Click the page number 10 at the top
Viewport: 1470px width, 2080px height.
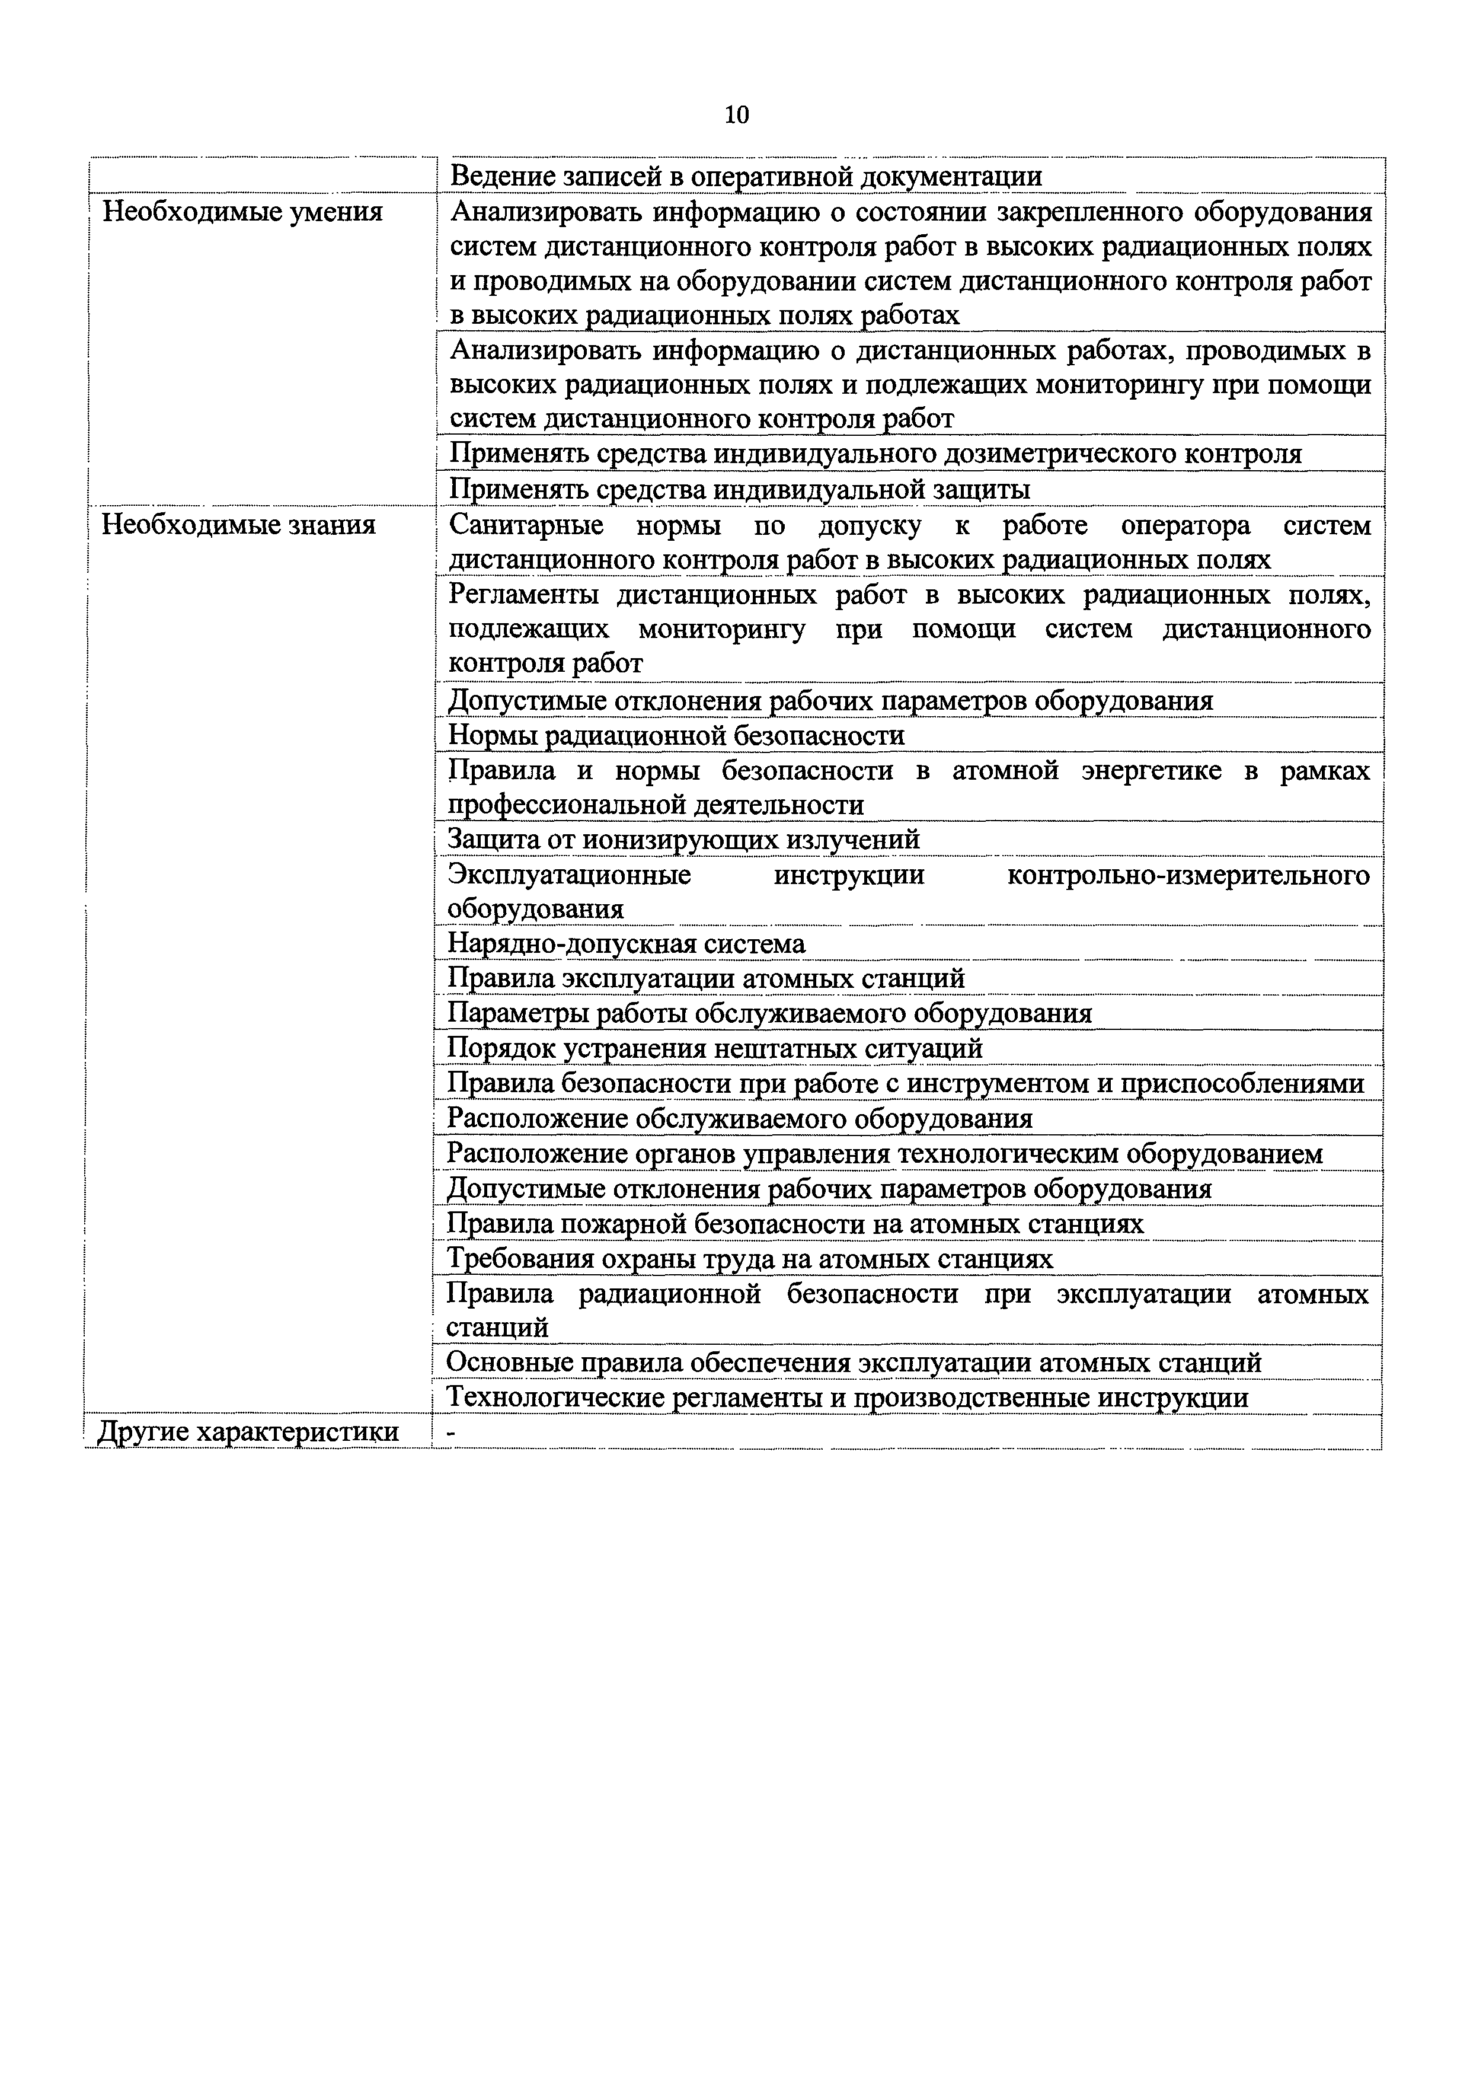tap(736, 115)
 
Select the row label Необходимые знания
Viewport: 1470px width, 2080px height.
tap(238, 525)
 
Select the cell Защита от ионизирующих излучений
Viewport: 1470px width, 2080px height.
tap(684, 840)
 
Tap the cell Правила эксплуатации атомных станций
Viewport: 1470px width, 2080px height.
tap(705, 978)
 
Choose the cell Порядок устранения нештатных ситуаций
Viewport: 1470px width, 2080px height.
tap(715, 1048)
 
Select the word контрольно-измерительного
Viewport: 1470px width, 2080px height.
tap(1187, 875)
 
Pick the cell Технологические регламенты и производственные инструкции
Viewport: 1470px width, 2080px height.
tap(848, 1398)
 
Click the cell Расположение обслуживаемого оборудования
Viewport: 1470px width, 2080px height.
tap(740, 1119)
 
